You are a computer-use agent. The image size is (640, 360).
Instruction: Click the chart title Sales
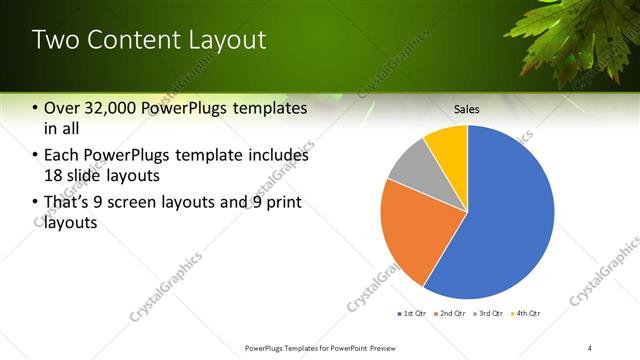click(466, 108)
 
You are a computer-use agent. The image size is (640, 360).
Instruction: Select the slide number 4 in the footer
click(590, 347)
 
